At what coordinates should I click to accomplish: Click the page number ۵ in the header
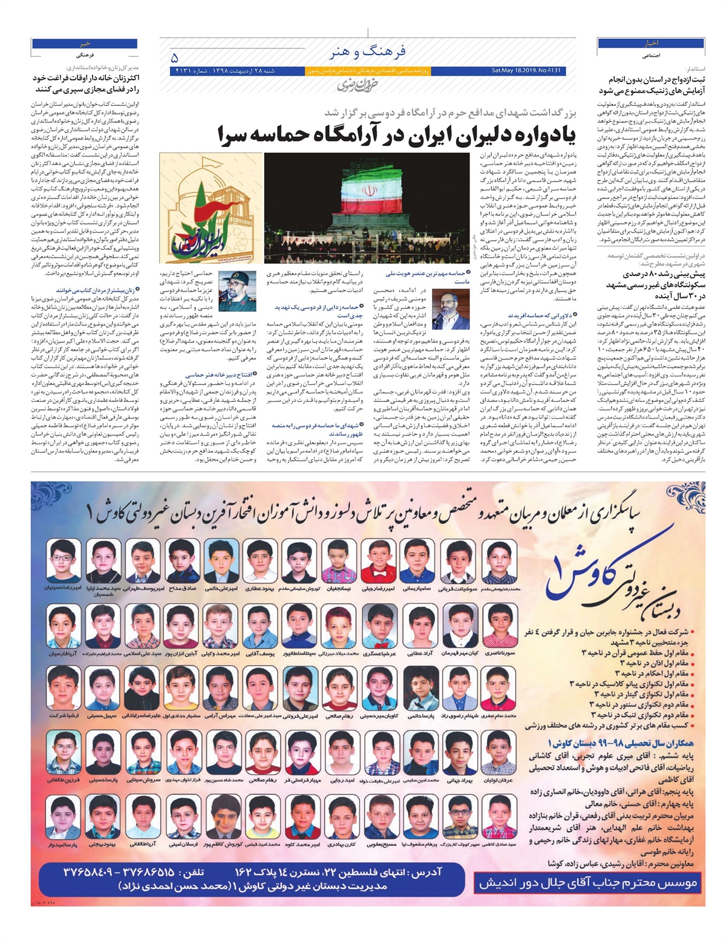pyautogui.click(x=175, y=58)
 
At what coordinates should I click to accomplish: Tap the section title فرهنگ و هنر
pyautogui.click(x=367, y=51)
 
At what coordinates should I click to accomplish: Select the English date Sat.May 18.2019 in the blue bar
pyautogui.click(x=526, y=71)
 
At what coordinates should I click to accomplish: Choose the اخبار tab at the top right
pyautogui.click(x=651, y=44)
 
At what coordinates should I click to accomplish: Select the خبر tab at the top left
pyautogui.click(x=84, y=44)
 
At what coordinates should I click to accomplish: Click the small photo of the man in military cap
pyautogui.click(x=237, y=291)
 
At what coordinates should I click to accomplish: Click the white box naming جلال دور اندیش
pyautogui.click(x=588, y=883)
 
